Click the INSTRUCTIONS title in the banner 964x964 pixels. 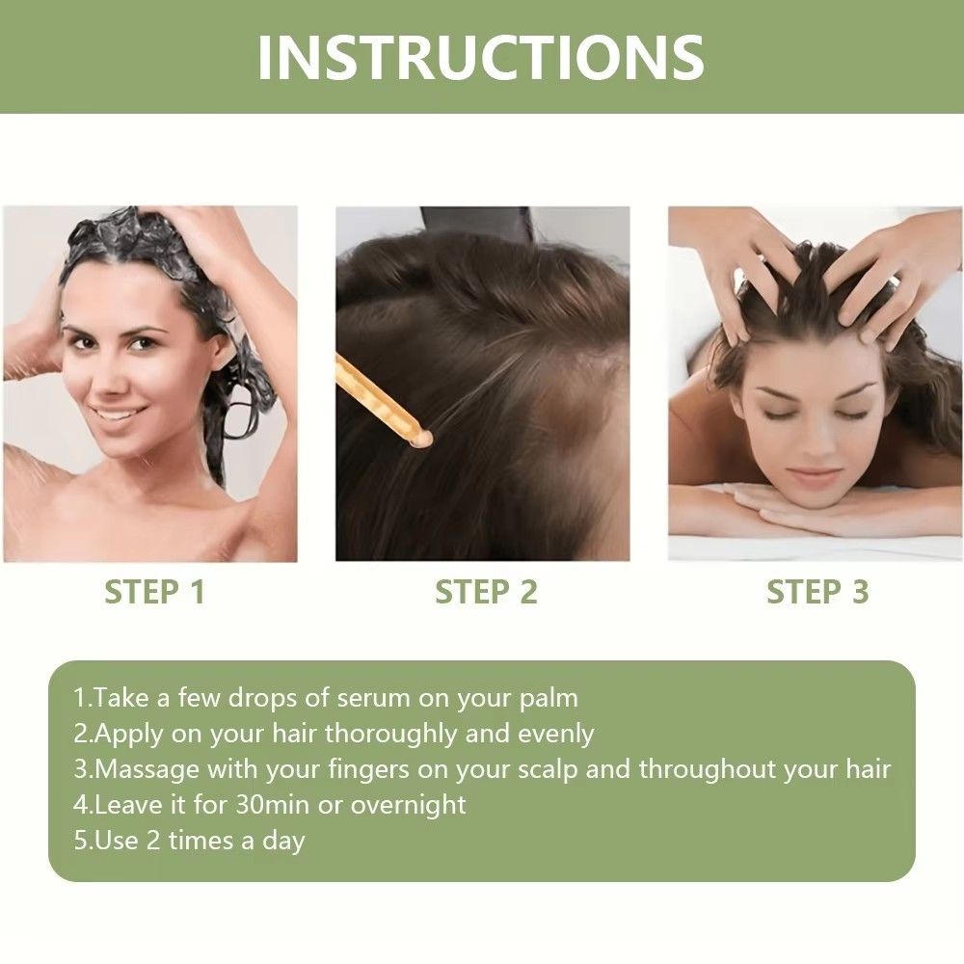coord(480,57)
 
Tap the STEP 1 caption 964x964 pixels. coord(154,592)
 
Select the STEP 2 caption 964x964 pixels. coord(486,592)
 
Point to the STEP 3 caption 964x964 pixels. coord(817,592)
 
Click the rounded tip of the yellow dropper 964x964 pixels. coord(420,440)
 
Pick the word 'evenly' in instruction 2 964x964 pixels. coord(556,733)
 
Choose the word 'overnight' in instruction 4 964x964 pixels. coord(408,804)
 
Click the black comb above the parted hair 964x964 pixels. coord(478,225)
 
